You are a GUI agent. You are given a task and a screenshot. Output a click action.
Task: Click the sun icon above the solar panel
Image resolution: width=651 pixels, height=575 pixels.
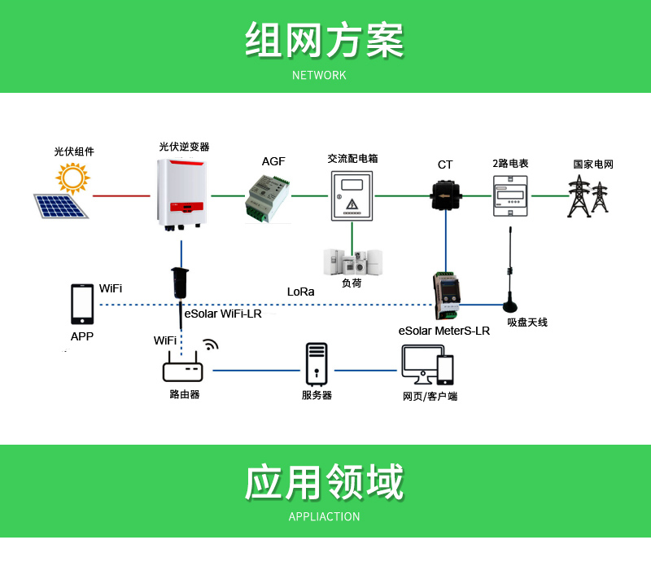tap(72, 178)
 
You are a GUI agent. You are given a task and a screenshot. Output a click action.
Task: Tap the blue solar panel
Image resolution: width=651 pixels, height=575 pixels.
tap(60, 206)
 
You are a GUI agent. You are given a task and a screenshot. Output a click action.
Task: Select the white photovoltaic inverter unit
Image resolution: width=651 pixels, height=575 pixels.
tap(181, 195)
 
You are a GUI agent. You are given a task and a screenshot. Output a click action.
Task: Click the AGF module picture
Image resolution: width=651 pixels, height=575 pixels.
tap(268, 200)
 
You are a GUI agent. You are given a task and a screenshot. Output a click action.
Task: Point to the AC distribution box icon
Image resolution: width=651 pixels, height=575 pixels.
tap(352, 195)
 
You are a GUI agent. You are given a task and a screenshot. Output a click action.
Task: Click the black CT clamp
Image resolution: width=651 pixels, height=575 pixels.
tap(445, 195)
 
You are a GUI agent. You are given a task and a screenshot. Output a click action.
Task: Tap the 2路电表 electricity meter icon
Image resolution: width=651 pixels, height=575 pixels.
tap(510, 196)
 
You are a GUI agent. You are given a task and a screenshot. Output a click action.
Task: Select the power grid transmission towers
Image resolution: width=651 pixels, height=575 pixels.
tap(588, 196)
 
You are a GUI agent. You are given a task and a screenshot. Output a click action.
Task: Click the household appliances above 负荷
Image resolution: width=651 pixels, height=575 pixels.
tap(353, 262)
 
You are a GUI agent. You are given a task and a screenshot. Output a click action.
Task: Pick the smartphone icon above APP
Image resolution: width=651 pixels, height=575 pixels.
tap(82, 304)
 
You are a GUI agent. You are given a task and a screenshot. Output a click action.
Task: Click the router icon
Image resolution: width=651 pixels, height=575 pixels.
tap(182, 367)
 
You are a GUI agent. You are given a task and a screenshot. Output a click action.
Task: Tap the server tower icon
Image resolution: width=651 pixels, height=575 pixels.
tap(317, 364)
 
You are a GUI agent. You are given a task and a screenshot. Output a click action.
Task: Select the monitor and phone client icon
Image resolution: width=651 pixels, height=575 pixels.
tap(428, 365)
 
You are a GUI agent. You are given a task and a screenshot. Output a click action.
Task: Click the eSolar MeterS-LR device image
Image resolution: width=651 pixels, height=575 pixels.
tap(447, 296)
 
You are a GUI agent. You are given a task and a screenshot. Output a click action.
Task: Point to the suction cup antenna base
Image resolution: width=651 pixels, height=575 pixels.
tap(510, 306)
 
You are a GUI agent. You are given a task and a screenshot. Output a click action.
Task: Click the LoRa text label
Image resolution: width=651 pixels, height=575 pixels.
tap(300, 292)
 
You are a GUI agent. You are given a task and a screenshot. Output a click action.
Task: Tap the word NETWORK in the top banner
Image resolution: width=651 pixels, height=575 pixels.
tap(319, 75)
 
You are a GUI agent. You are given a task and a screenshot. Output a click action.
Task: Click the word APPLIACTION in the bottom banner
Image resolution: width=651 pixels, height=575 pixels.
tap(324, 516)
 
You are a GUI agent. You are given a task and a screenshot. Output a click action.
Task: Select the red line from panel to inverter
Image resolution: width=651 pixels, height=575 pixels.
tap(121, 195)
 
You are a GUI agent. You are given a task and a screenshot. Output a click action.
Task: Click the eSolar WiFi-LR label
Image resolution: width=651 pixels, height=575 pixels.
tap(223, 314)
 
